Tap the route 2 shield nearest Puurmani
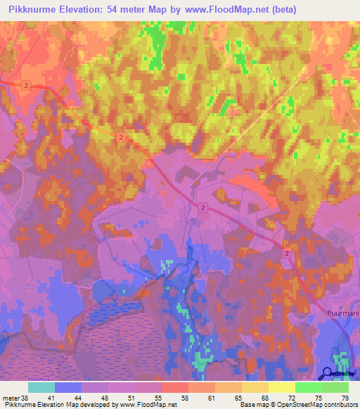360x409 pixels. click(x=288, y=252)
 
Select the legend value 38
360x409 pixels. click(x=26, y=397)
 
